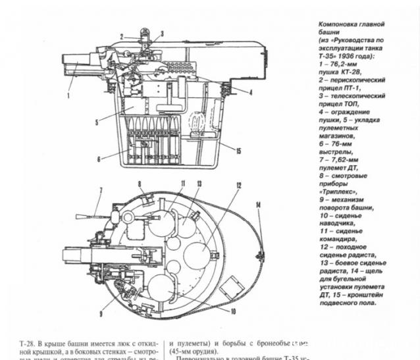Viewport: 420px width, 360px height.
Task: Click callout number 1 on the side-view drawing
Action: click(x=68, y=96)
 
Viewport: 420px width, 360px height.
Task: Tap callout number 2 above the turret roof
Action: click(x=121, y=35)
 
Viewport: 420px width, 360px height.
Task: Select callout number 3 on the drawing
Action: click(x=162, y=32)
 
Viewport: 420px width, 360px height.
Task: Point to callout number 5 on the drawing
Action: click(x=96, y=122)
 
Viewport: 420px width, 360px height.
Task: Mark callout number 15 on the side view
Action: click(x=238, y=151)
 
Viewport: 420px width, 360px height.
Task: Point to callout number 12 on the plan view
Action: click(x=239, y=186)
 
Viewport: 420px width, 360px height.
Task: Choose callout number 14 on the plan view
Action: click(x=259, y=205)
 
